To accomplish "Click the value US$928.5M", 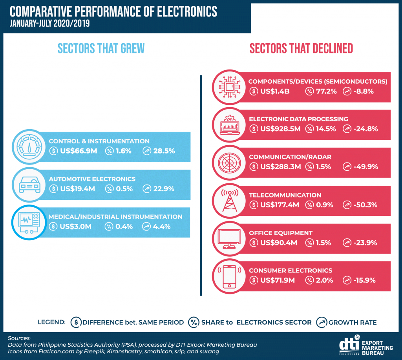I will pos(280,129).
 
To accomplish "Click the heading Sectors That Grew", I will pos(101,48).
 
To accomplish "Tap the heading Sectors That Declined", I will pos(301,48).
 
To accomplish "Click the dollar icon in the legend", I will pos(75,322).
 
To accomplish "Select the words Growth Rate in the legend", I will pos(352,322).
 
